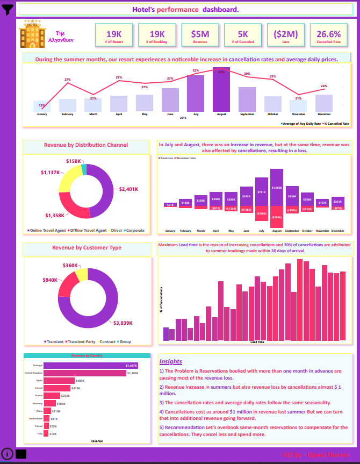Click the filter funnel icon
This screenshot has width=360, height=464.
coord(8,9)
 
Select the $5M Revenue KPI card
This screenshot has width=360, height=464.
coord(200,35)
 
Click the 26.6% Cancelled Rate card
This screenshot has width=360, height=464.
coord(329,35)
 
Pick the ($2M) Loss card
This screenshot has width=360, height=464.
coord(285,35)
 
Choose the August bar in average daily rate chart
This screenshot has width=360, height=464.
coord(221,90)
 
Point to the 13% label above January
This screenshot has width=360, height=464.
coord(42,105)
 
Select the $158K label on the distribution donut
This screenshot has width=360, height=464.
coord(74,161)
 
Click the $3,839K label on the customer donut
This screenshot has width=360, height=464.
coord(123,323)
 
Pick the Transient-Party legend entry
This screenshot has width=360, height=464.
coord(82,341)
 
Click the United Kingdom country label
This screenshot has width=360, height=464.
coord(33,373)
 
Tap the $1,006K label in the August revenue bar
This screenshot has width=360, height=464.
coord(277,188)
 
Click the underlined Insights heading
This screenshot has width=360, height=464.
coord(171,361)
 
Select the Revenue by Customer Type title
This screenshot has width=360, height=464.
coord(87,248)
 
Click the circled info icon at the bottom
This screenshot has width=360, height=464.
coord(7,453)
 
